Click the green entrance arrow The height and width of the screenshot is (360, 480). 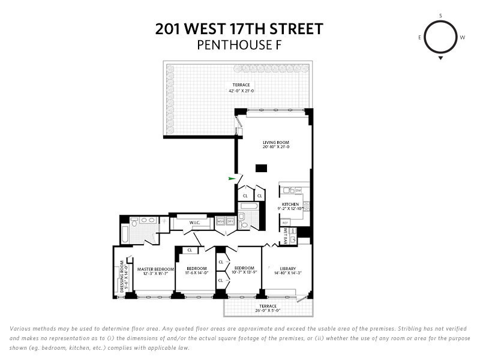232,178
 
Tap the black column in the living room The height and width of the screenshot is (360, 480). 260,169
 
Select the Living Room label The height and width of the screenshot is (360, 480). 276,142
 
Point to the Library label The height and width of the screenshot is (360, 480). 288,268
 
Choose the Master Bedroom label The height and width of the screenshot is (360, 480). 155,269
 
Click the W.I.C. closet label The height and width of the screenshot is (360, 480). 194,223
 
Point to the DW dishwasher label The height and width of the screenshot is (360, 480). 298,190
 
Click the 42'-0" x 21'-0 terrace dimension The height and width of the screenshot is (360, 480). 241,91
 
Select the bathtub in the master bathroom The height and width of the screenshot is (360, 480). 124,234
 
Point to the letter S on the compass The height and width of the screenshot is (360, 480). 441,15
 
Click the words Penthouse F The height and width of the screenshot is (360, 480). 239,44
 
